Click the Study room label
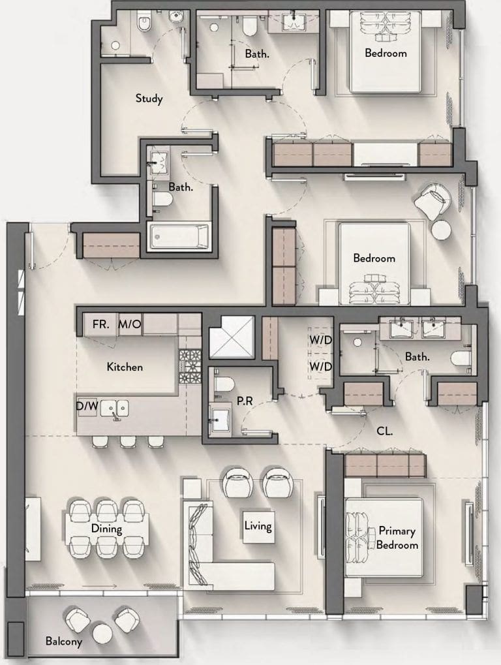pyautogui.click(x=149, y=99)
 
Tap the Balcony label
pyautogui.click(x=63, y=642)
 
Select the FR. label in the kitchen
pyautogui.click(x=101, y=324)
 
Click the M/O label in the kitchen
pyautogui.click(x=130, y=324)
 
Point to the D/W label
pyautogui.click(x=87, y=407)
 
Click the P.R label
pyautogui.click(x=245, y=401)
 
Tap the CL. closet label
pyautogui.click(x=384, y=431)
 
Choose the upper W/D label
pyautogui.click(x=320, y=340)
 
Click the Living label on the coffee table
pyautogui.click(x=258, y=526)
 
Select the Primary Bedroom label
pyautogui.click(x=397, y=538)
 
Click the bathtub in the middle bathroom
pyautogui.click(x=179, y=237)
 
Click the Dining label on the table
pyautogui.click(x=107, y=529)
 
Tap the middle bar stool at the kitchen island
pyautogui.click(x=128, y=442)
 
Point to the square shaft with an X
pyautogui.click(x=232, y=337)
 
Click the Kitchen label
pyautogui.click(x=125, y=367)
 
